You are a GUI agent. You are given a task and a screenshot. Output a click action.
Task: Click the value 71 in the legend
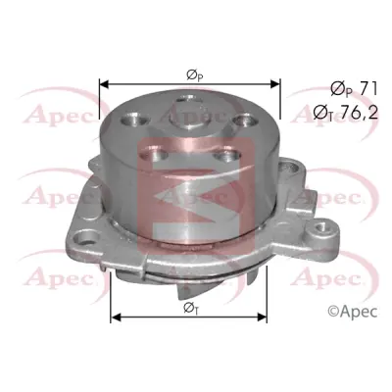tap(368, 89)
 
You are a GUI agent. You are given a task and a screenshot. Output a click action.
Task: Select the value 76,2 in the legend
tap(360, 113)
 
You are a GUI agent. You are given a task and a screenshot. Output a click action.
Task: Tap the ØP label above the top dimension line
tap(195, 75)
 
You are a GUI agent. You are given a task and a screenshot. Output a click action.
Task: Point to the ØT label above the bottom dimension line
tap(191, 308)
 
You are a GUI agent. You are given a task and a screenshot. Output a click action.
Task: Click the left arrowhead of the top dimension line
tap(104, 84)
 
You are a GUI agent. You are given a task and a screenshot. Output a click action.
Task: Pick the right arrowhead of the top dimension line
tap(275, 84)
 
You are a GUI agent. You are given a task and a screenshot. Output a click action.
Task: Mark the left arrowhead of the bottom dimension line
tap(116, 317)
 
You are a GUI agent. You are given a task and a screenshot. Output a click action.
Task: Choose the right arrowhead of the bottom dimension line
tap(263, 317)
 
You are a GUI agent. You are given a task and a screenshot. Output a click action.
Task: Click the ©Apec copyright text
tap(353, 311)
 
